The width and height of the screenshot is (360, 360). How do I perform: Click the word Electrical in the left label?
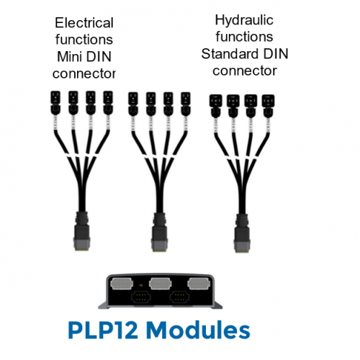click(x=84, y=23)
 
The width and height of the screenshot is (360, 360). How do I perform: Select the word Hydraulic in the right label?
click(x=244, y=20)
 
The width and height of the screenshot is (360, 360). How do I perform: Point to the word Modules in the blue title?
click(x=198, y=330)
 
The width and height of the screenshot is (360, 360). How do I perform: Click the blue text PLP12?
click(x=103, y=330)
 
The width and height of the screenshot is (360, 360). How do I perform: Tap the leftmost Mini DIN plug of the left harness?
click(x=55, y=102)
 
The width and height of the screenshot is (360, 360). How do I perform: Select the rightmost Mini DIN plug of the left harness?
click(x=108, y=102)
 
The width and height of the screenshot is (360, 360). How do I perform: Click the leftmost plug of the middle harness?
click(x=133, y=104)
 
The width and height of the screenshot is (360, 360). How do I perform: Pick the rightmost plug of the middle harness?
click(x=186, y=104)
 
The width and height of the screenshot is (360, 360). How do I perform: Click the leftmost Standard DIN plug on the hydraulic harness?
click(x=216, y=106)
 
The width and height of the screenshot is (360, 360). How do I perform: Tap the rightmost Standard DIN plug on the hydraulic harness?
click(x=268, y=106)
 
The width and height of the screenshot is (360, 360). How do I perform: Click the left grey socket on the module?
click(x=122, y=284)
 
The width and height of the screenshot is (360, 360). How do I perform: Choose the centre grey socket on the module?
click(x=161, y=284)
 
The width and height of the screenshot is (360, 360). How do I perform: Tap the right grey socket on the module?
click(x=199, y=284)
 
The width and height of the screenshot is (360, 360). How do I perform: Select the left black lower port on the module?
click(x=141, y=297)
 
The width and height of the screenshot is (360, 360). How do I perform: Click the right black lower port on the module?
click(x=179, y=297)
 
